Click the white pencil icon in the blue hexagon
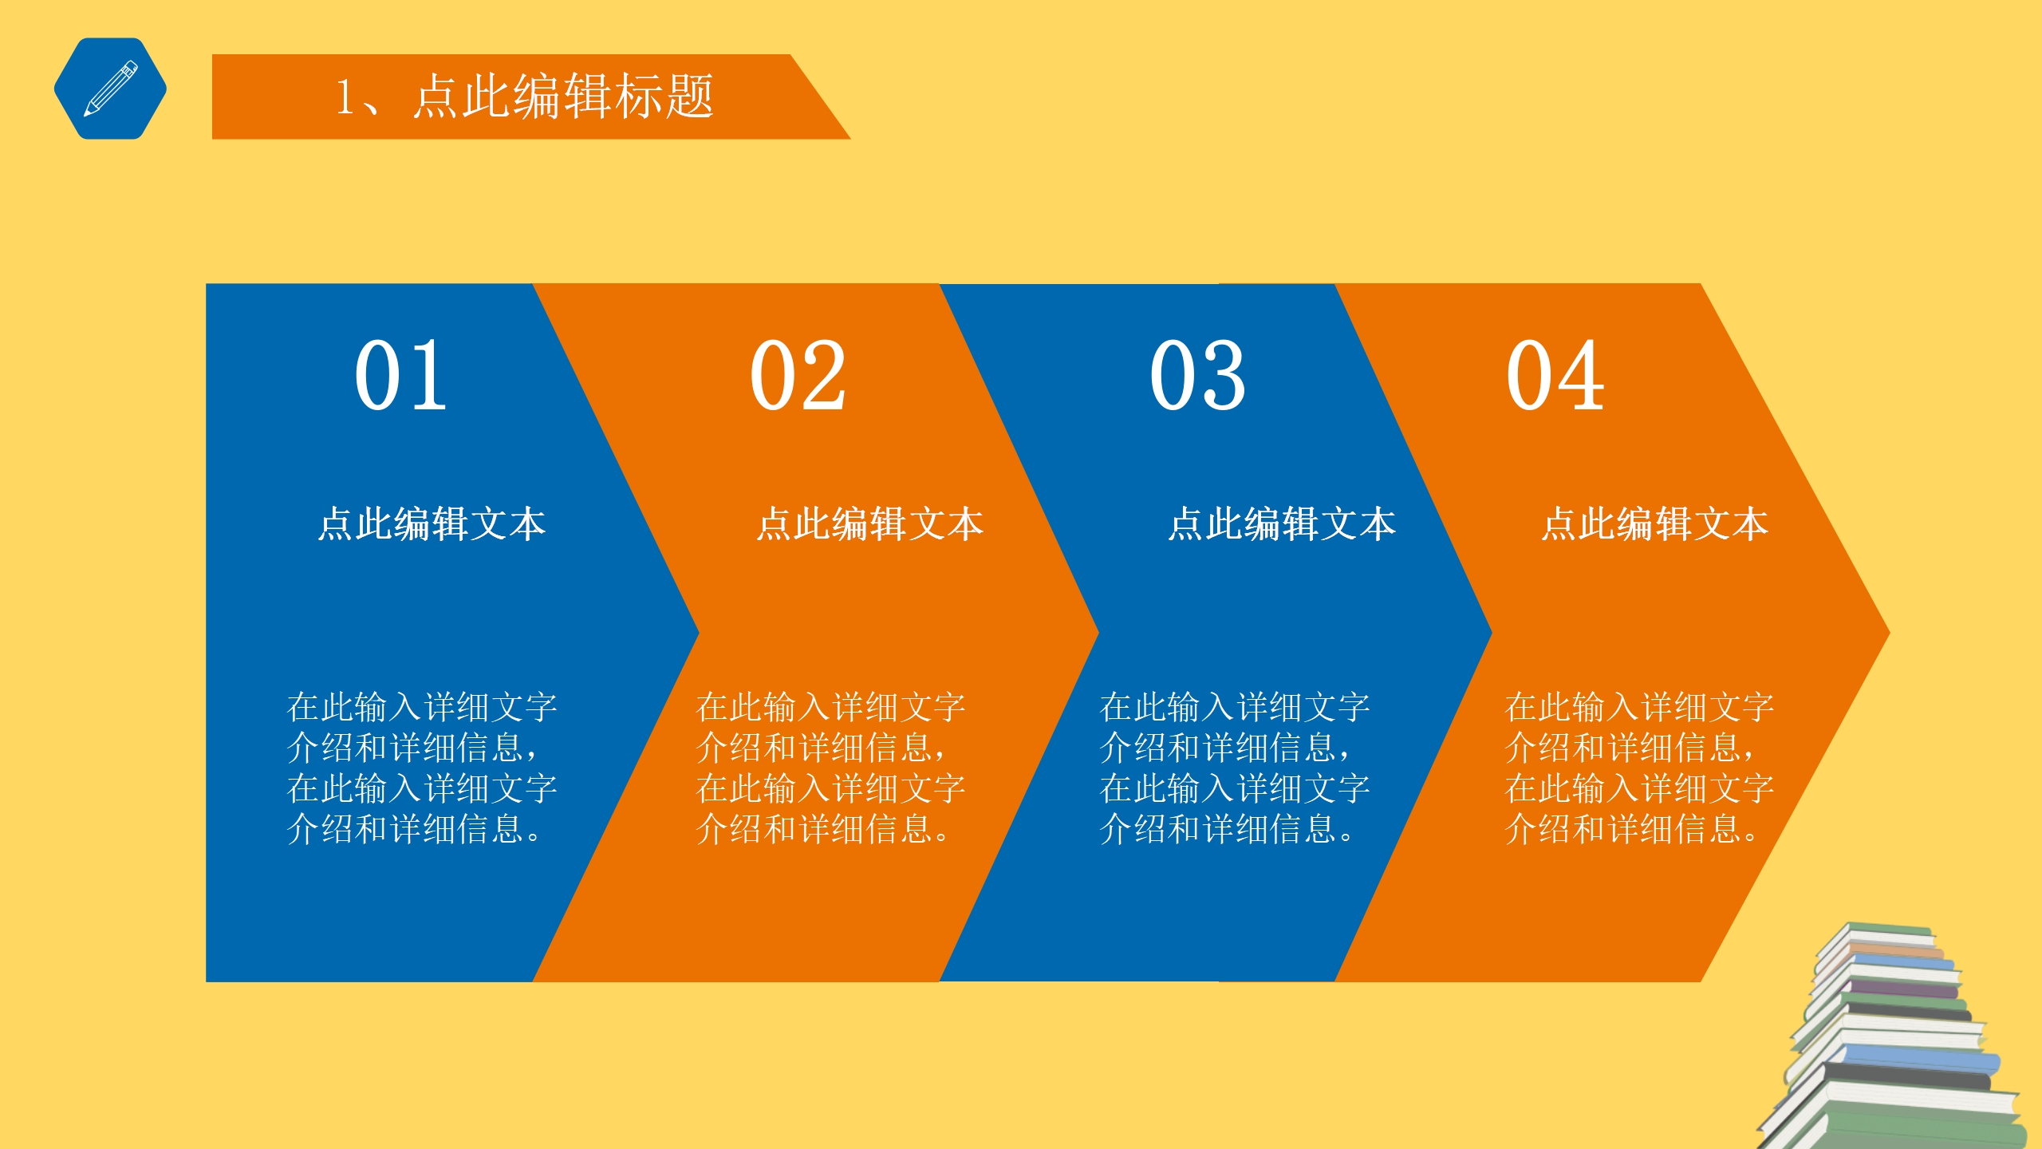[x=111, y=89]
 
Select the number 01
[x=400, y=375]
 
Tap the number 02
[x=798, y=375]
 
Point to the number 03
[x=1197, y=375]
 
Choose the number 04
[x=1555, y=375]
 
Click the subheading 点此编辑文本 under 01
[x=432, y=524]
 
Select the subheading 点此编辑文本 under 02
[x=870, y=524]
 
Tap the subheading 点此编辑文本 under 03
[x=1282, y=524]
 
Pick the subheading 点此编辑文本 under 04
[x=1655, y=524]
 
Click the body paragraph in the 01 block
[x=421, y=768]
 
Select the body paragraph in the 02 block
[x=830, y=768]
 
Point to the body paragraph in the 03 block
[x=1234, y=768]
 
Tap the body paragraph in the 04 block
[x=1639, y=768]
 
